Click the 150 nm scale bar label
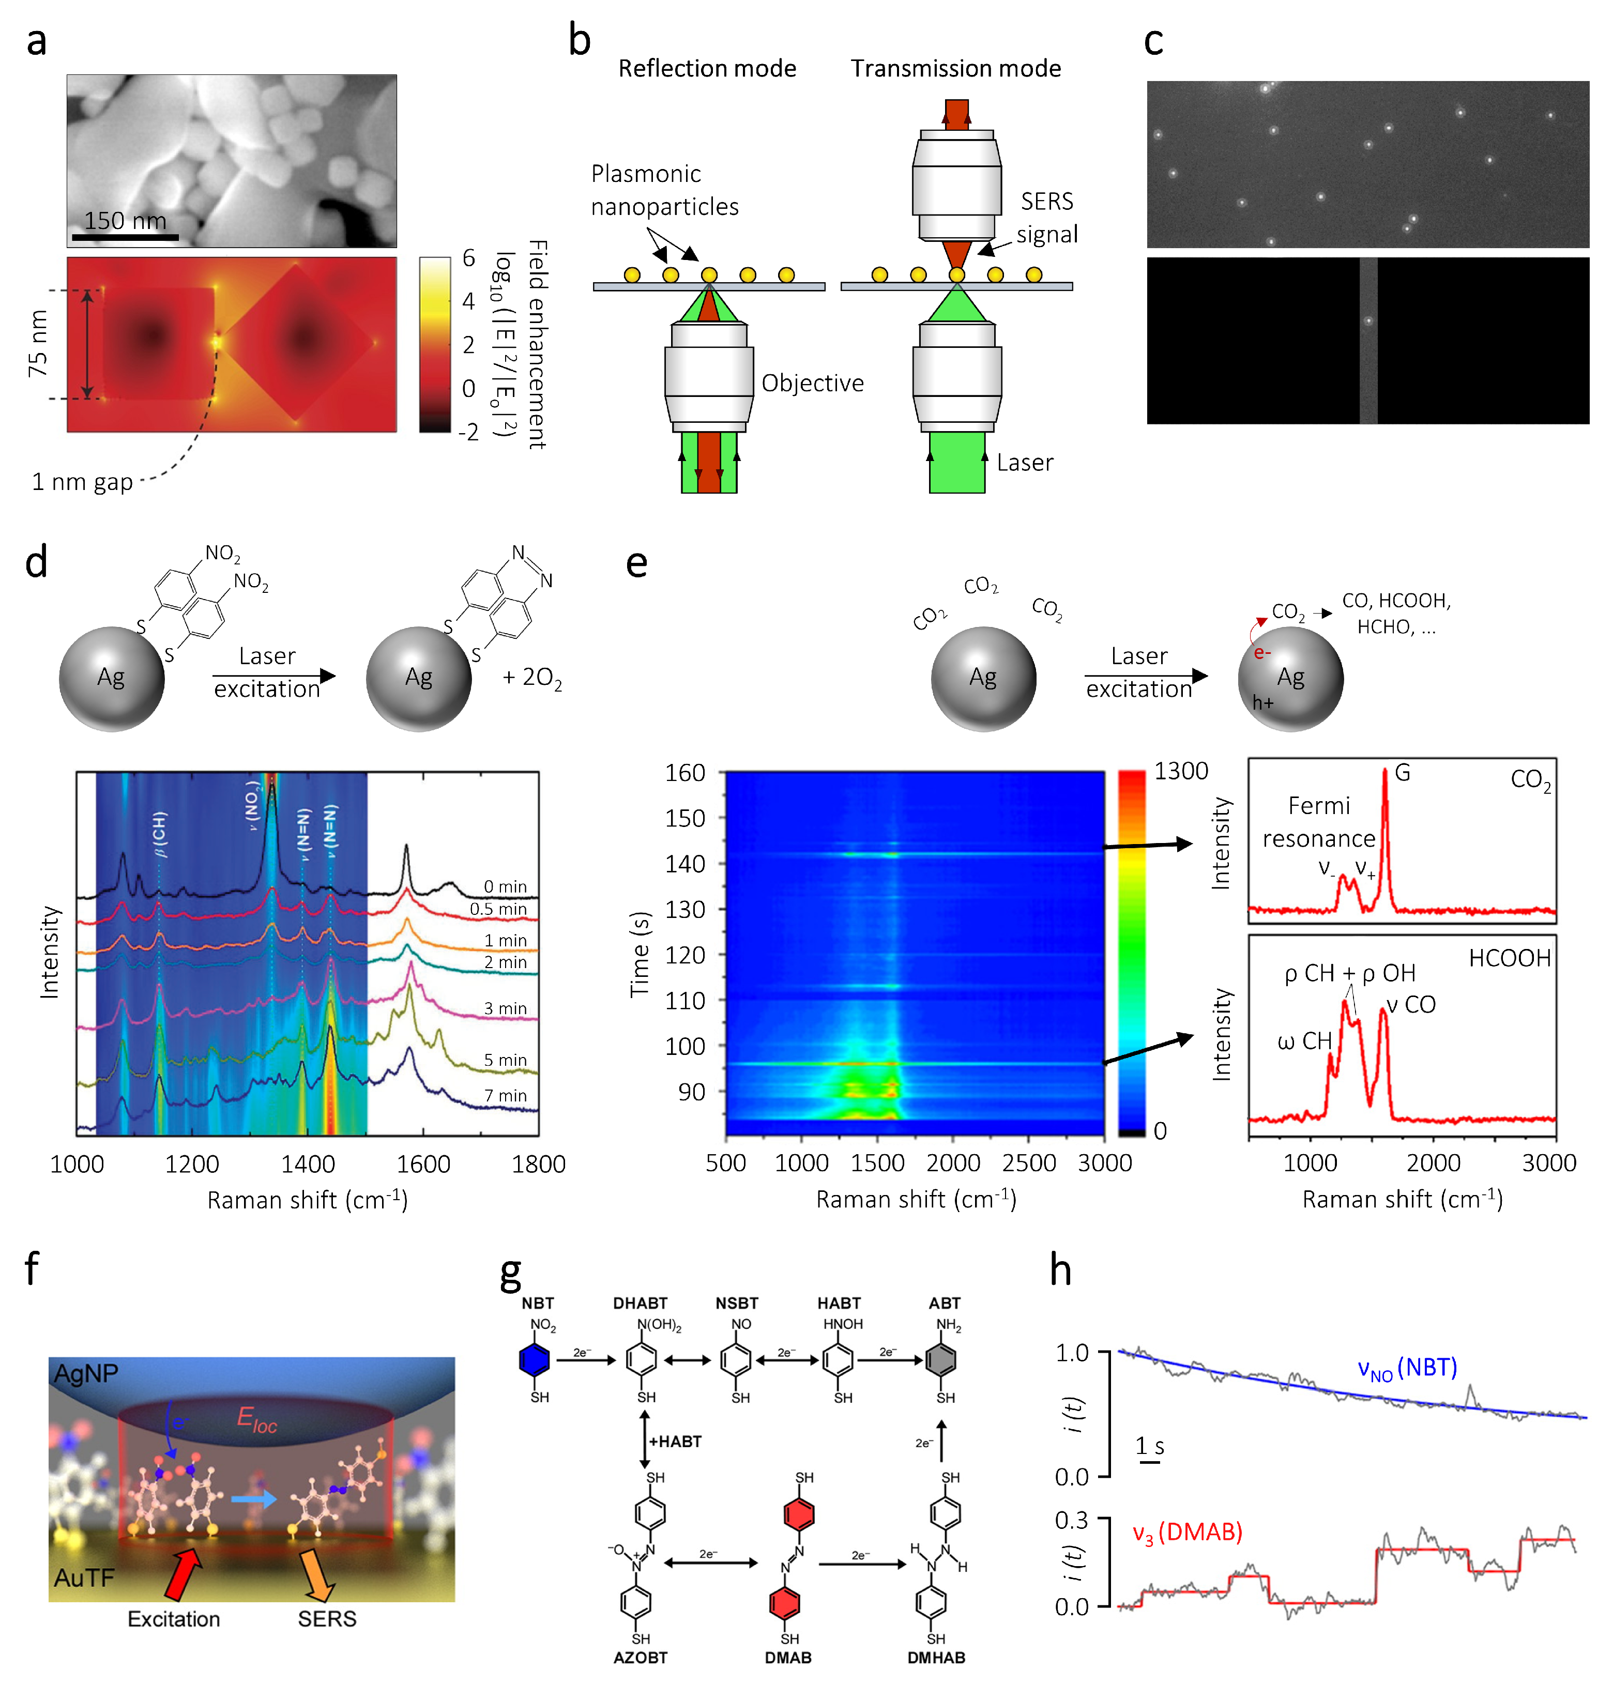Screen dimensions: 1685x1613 (126, 221)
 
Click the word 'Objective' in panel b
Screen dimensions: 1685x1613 (813, 384)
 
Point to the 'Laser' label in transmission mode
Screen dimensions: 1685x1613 (1025, 463)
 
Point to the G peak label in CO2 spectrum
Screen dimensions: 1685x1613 (1403, 773)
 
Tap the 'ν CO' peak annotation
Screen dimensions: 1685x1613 (1411, 1004)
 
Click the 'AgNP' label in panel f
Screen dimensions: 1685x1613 (85, 1374)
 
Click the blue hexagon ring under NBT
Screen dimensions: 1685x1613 (535, 1360)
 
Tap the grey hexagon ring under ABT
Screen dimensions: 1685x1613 (944, 1360)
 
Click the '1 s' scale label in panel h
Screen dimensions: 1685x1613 (1150, 1446)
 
